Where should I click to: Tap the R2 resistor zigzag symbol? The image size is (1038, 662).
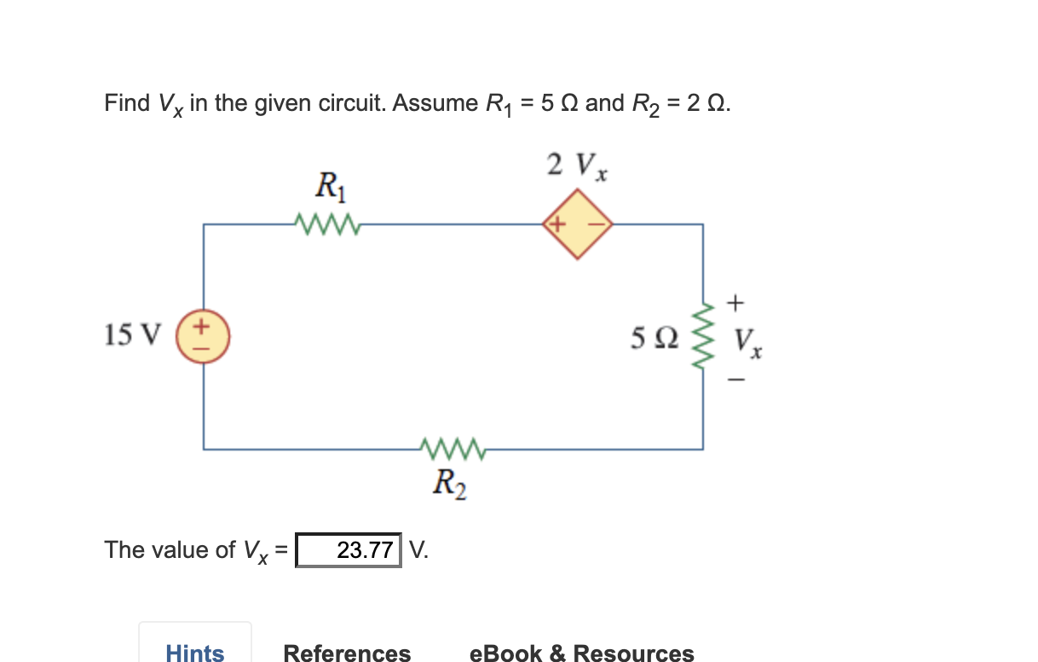click(453, 448)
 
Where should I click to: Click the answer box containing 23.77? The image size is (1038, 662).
click(348, 550)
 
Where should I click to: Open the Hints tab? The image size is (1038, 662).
click(195, 653)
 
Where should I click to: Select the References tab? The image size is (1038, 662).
click(347, 653)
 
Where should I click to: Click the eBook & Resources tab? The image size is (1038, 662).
click(581, 653)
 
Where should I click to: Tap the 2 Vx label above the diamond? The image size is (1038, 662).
click(577, 165)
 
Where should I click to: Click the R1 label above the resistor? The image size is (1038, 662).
click(329, 185)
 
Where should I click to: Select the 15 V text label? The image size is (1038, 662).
click(131, 335)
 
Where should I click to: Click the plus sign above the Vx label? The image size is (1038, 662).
click(736, 302)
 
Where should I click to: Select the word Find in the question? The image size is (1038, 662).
click(126, 103)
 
